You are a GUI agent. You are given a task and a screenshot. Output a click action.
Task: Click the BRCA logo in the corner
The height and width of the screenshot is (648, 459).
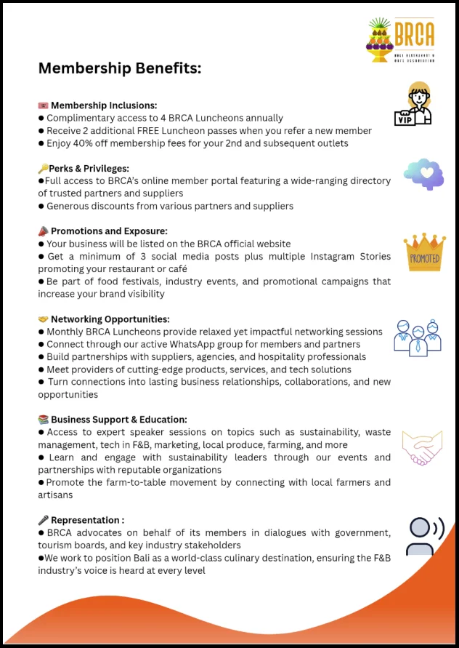point(401,40)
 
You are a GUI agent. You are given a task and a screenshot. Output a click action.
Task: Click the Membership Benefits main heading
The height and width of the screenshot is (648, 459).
point(120,68)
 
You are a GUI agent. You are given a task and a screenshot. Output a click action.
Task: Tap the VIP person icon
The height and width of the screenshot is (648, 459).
point(412,105)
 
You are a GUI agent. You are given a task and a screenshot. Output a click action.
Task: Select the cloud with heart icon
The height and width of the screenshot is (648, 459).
point(424,175)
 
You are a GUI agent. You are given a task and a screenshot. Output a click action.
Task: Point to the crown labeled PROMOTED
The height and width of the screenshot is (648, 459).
point(425,252)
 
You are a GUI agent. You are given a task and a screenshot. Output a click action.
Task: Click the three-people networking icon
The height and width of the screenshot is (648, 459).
point(417,337)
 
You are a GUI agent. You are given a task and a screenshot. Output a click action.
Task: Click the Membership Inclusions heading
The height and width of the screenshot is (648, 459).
point(103,105)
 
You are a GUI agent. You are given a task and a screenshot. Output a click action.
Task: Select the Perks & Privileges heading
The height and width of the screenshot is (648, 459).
point(89,168)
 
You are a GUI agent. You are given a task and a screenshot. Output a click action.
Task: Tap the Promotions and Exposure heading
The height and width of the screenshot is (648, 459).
point(109,231)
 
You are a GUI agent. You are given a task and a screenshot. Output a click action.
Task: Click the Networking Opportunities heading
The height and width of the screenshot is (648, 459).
point(110,319)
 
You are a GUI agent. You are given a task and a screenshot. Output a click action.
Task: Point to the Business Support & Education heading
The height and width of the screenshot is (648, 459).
point(118,420)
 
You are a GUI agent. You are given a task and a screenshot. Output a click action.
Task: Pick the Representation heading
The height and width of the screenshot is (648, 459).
point(86,520)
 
